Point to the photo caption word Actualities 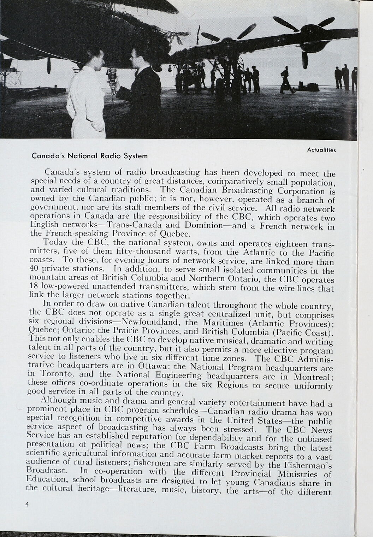pyautogui.click(x=321, y=150)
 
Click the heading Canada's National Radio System pyautogui.click(x=90, y=155)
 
